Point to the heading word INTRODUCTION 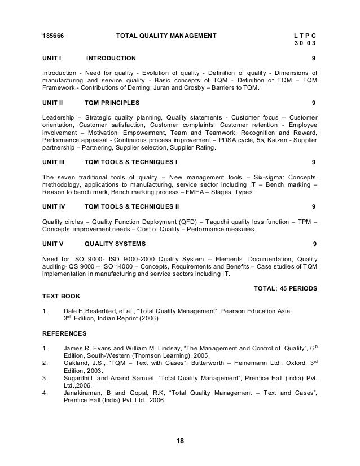pyautogui.click(x=111, y=58)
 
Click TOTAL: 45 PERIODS pyautogui.click(x=286, y=288)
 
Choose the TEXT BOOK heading pyautogui.click(x=61, y=296)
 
